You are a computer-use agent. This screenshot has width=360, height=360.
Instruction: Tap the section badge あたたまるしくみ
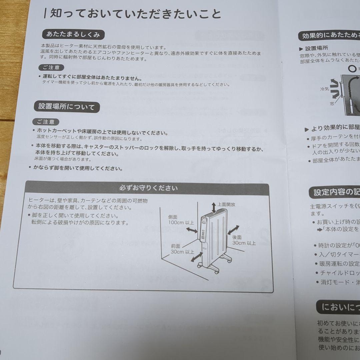[x=73, y=34]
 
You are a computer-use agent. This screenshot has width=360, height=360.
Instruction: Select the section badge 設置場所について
[x=66, y=107]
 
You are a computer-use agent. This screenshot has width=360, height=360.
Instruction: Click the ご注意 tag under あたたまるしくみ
[x=51, y=68]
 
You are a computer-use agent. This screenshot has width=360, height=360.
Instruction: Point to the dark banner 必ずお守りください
[x=148, y=188]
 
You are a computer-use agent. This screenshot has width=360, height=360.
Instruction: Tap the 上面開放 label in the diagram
[x=227, y=204]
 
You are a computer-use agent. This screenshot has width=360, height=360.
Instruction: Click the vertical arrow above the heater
[x=214, y=207]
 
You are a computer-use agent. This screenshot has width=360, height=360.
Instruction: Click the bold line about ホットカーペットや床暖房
[x=102, y=133]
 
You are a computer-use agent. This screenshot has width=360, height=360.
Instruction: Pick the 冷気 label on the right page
[x=324, y=89]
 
